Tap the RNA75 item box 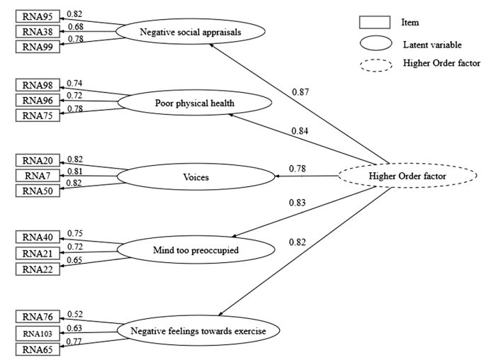click(36, 115)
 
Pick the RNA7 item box click(36, 174)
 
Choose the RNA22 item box click(36, 268)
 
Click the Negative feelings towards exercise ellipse click(198, 330)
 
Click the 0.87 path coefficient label click(301, 92)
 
